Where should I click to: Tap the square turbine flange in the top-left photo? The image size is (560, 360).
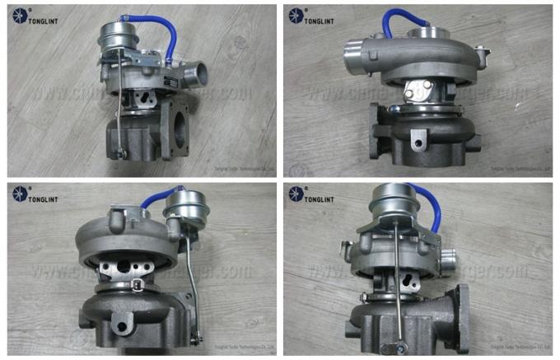pyautogui.click(x=184, y=129)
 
